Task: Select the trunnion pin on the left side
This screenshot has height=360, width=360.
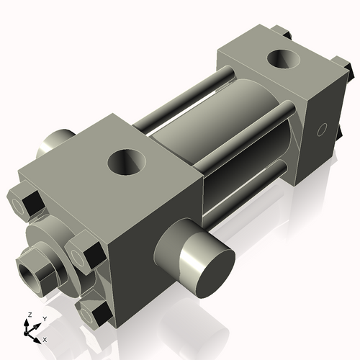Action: [x=55, y=140]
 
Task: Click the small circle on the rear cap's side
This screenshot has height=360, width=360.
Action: [x=323, y=130]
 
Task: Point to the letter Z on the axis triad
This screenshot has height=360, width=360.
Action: [x=28, y=315]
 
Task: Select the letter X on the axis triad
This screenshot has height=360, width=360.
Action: [x=45, y=339]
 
